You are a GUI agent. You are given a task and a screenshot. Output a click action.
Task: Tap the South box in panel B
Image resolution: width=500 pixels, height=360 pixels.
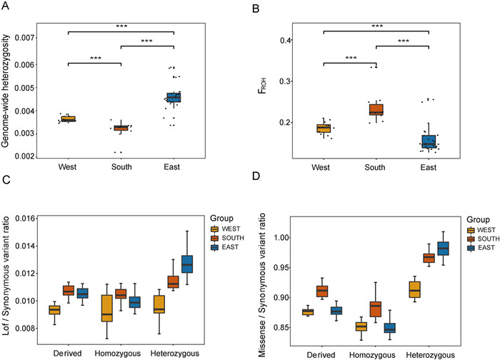(x=376, y=110)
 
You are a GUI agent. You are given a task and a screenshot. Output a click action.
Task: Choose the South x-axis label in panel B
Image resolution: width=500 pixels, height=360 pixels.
(x=376, y=169)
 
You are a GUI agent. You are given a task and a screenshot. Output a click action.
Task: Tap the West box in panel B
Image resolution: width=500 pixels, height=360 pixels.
(x=324, y=129)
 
